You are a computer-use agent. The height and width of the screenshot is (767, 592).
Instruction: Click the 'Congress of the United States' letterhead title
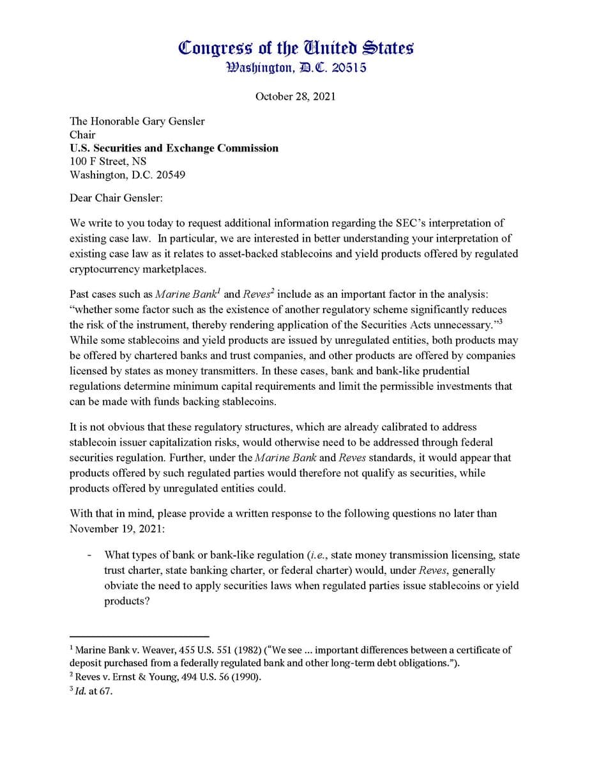coord(296,48)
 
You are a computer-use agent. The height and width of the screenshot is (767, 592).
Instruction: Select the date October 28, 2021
coord(295,97)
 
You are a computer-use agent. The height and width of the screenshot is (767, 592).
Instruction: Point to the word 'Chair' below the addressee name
coord(82,134)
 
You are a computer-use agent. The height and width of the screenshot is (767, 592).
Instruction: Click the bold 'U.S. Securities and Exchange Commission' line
coord(174,148)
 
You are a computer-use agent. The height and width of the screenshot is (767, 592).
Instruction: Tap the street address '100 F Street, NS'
coord(108,161)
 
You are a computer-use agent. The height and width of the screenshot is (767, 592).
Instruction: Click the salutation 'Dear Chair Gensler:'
coord(116,198)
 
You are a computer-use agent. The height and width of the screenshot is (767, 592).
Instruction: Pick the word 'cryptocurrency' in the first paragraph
coord(103,269)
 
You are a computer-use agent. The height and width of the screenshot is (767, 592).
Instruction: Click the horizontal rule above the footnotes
coord(139,637)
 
